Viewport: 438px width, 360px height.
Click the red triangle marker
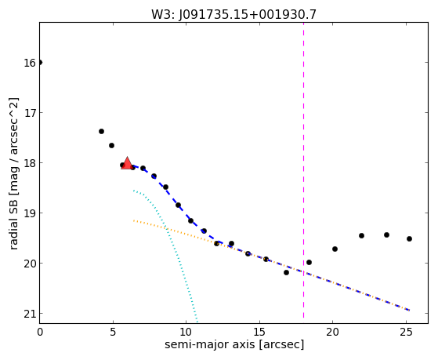click(127, 163)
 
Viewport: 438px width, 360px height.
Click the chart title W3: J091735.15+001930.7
click(233, 15)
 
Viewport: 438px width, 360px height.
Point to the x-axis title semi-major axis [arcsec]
click(234, 344)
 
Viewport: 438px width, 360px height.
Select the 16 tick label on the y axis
click(30, 63)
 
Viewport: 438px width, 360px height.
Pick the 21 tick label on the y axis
click(30, 314)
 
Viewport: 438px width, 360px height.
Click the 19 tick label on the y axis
click(30, 213)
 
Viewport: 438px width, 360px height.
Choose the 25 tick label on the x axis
click(406, 332)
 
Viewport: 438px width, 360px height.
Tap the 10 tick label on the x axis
click(186, 332)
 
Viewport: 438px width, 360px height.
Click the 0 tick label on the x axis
click(40, 332)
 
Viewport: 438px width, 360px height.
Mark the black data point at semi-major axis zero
click(40, 62)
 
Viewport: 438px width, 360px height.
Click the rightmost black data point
click(409, 239)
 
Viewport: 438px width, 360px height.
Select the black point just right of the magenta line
click(309, 263)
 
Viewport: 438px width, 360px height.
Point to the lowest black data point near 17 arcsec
click(286, 272)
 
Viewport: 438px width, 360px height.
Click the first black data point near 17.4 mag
click(101, 132)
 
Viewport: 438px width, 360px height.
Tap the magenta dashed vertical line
click(304, 173)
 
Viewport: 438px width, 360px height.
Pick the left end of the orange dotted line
click(134, 220)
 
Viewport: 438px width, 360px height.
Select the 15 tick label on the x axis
click(259, 332)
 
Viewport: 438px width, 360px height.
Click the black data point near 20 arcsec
click(335, 249)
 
